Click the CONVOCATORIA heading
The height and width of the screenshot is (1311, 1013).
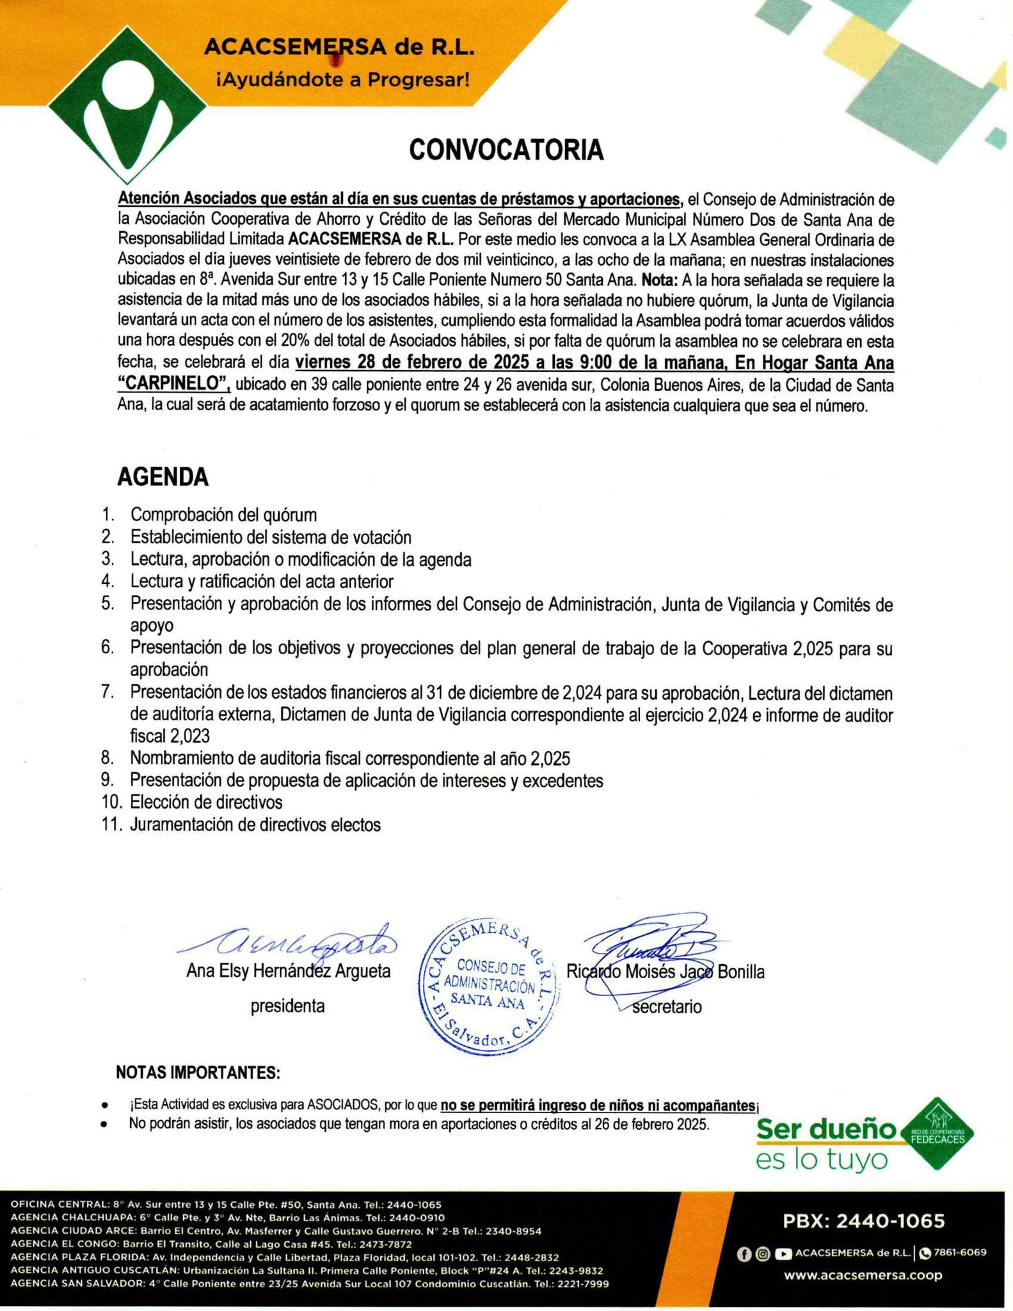(506, 150)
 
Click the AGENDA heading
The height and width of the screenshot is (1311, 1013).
(163, 477)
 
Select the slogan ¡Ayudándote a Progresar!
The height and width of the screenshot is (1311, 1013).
(343, 81)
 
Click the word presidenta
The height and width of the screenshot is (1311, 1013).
(287, 1006)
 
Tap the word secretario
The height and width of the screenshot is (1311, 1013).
(667, 1007)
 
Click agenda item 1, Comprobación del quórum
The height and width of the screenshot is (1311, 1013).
(223, 515)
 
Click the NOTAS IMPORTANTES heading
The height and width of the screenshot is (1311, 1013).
(198, 1073)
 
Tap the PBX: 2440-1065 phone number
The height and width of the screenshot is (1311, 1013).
(863, 1221)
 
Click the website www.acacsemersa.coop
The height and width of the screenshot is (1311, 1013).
(863, 1275)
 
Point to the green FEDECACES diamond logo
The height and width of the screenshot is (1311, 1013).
(938, 1134)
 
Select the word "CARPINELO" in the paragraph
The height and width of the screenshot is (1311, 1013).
(173, 384)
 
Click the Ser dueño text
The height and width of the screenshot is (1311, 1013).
(826, 1130)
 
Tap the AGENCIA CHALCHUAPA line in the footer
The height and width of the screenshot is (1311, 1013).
(227, 1218)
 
